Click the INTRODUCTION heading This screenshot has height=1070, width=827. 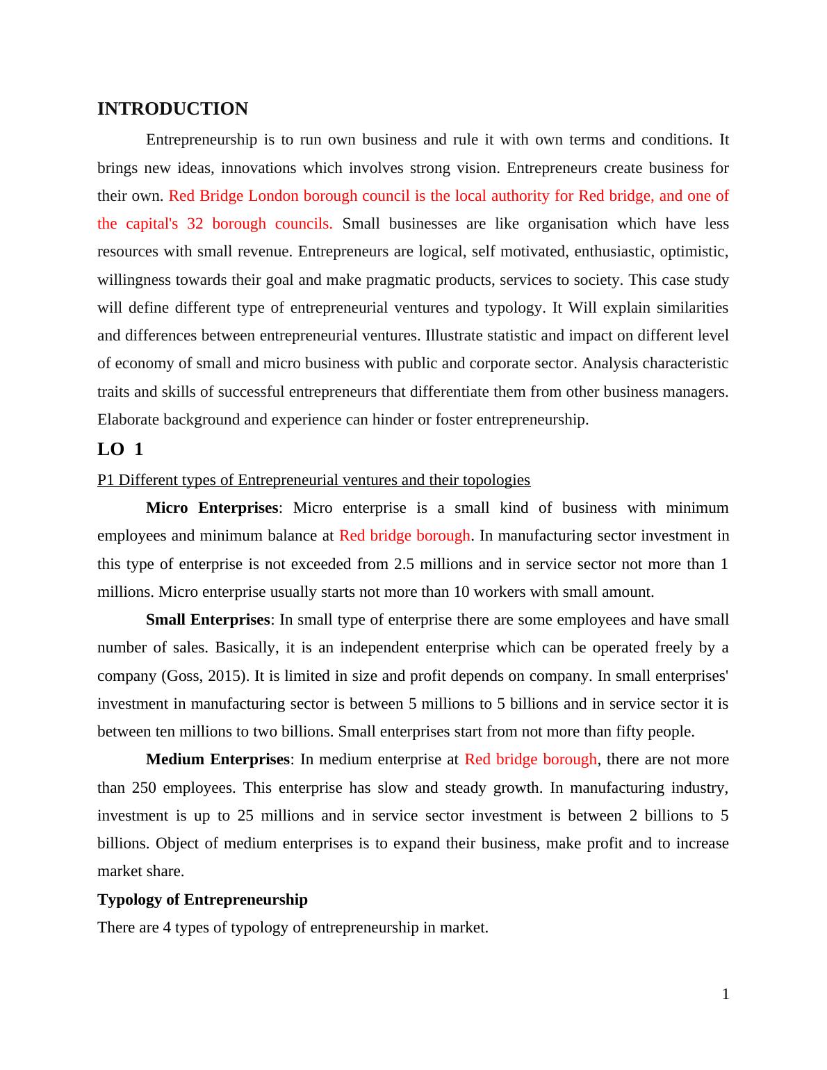coord(172,109)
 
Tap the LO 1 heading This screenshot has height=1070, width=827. coord(120,450)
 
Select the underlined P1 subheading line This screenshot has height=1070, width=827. coord(313,480)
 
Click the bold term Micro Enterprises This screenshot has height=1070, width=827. coord(212,508)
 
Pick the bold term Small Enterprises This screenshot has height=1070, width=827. coord(208,620)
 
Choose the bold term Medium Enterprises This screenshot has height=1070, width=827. coord(218,759)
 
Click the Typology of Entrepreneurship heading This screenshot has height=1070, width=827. coord(202,900)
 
